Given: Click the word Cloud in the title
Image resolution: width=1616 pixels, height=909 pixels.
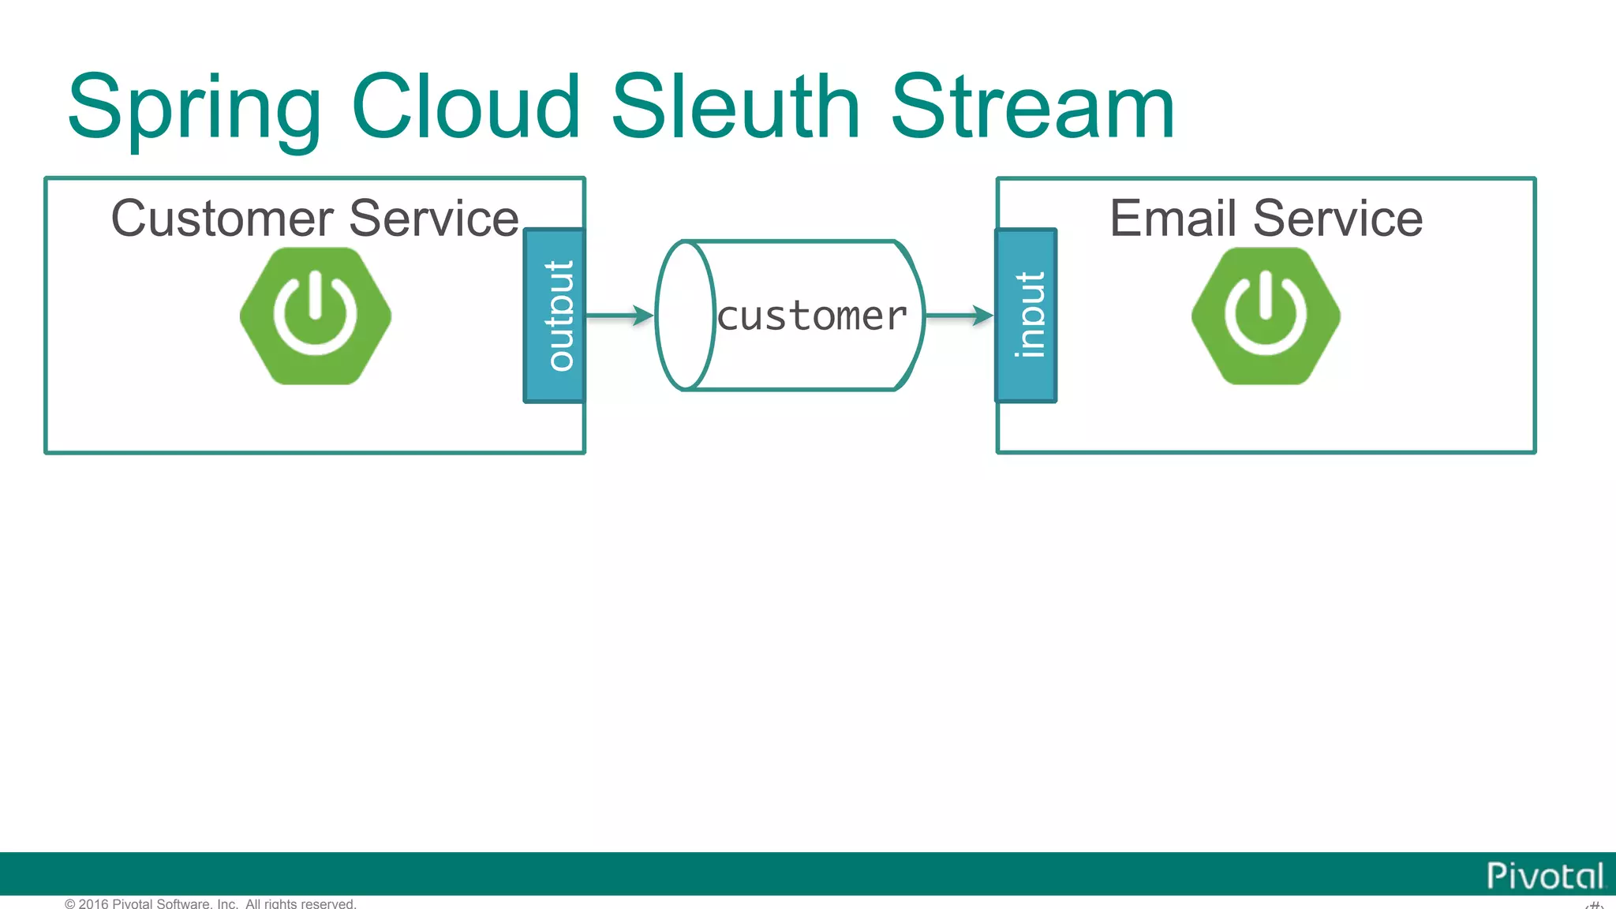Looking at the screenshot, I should point(466,107).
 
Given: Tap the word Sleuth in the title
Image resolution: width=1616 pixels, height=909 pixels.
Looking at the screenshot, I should point(735,107).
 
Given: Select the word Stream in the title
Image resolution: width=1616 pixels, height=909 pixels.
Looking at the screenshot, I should point(1033,107).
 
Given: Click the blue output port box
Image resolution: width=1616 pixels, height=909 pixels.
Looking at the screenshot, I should point(555,316).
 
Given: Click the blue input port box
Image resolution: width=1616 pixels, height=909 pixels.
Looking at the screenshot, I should point(1026,316).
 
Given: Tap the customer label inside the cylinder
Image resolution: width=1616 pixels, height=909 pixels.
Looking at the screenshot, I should point(812,316).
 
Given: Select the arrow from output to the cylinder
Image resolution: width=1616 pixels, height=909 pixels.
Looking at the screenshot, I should point(619,316).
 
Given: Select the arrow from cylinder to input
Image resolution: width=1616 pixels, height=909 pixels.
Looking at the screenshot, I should point(959,316).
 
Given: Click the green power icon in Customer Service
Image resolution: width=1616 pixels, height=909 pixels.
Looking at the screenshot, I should point(316,316).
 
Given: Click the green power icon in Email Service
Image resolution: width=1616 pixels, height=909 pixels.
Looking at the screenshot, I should point(1266,316).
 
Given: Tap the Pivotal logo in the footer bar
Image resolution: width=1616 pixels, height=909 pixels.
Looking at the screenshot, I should point(1545,876).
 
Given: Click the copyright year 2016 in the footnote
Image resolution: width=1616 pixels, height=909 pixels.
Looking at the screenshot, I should point(94,903).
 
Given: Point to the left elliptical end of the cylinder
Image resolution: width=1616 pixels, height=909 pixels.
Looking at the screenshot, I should point(685,316).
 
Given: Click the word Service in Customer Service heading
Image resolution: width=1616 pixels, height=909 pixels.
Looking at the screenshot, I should point(434,219).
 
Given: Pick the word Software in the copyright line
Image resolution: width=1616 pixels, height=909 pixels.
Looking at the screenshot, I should point(187,903).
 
